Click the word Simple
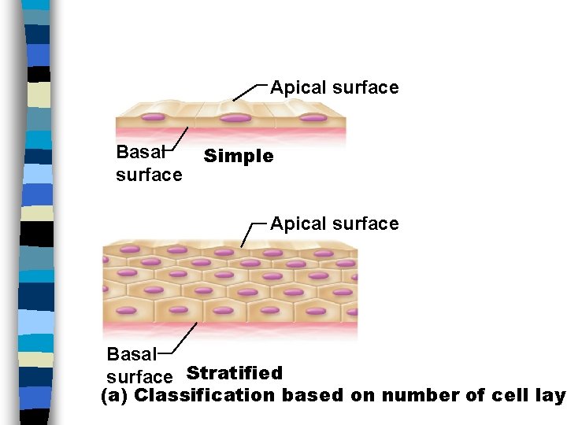239,157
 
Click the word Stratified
234,373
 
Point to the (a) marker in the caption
116,395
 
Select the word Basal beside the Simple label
136,152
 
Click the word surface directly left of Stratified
139,376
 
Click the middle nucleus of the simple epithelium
235,118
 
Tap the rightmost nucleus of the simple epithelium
313,118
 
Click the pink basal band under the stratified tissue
228,325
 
